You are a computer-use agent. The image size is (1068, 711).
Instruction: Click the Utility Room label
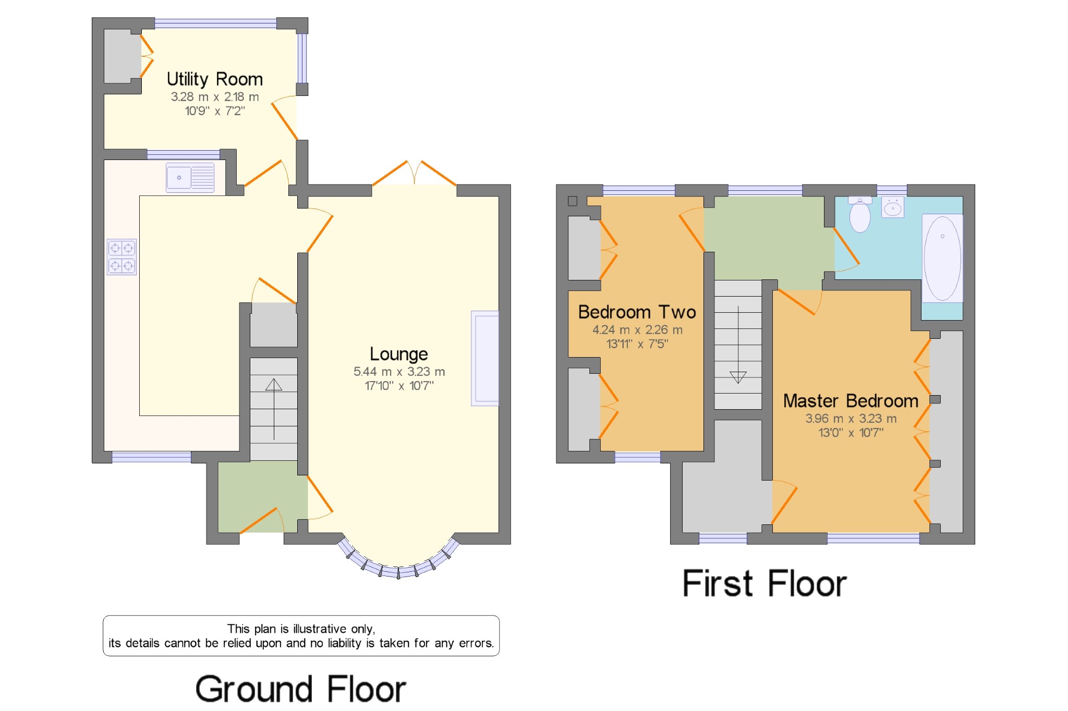coord(214,79)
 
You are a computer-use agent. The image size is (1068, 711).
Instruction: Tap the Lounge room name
coord(399,354)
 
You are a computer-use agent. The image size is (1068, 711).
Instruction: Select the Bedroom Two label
coord(637,312)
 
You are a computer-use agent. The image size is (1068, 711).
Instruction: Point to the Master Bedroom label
coord(851,401)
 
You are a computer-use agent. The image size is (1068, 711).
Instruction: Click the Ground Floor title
coord(301,689)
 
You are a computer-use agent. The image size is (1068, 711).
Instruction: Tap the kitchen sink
coord(190,178)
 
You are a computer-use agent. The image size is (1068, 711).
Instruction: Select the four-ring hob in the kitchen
coord(122,256)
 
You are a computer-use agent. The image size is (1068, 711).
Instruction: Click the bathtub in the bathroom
coord(942,258)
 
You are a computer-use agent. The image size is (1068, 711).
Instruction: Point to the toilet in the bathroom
coord(860,214)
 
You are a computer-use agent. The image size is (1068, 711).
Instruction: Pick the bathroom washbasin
coord(893,207)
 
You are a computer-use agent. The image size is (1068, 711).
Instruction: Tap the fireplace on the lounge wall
coord(485,358)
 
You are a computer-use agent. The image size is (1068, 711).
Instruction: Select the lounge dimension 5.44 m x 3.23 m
coord(399,372)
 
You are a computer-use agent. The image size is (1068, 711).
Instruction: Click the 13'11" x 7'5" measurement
coord(637,344)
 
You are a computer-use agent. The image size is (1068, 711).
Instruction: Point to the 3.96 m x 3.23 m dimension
coord(851,419)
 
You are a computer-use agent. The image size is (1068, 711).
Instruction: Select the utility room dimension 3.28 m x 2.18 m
coord(215,97)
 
